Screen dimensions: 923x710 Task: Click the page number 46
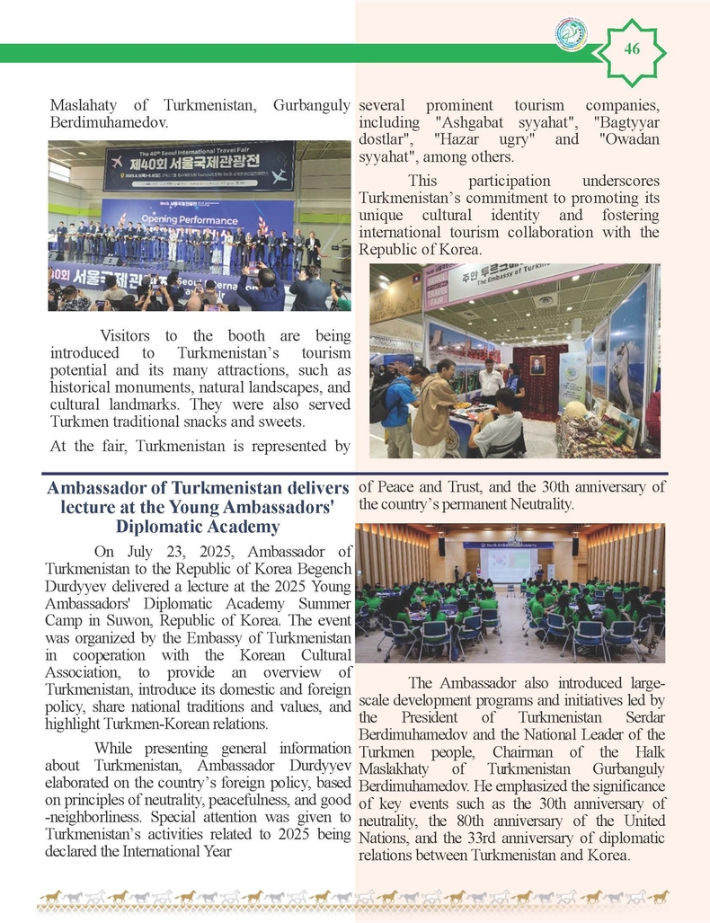click(x=631, y=49)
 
